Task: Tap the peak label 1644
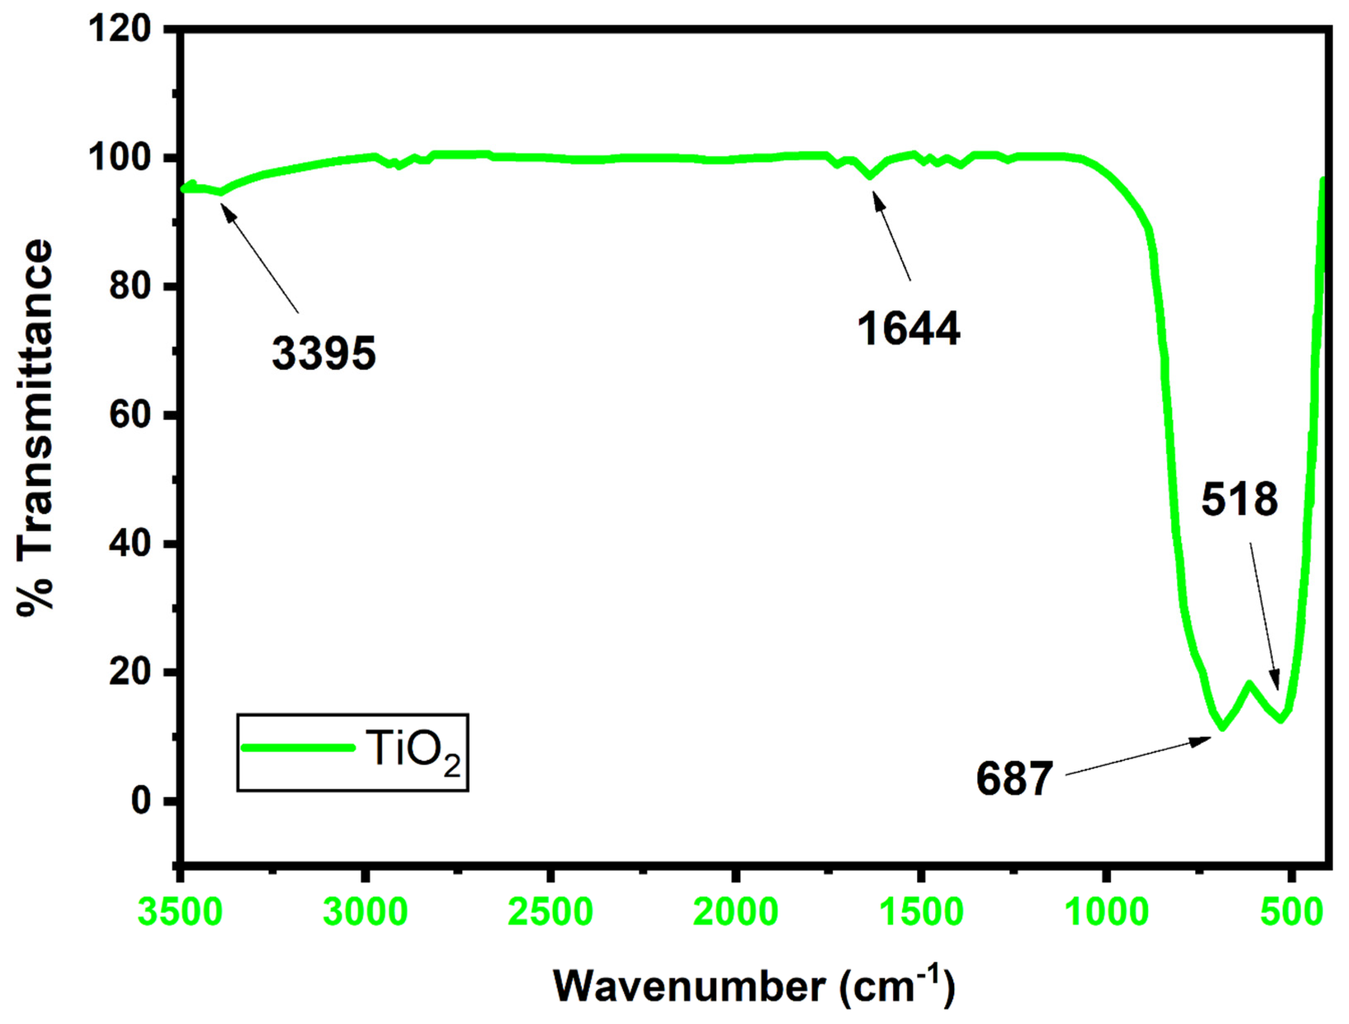tap(908, 328)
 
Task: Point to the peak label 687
tap(1014, 779)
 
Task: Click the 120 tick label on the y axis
tap(120, 28)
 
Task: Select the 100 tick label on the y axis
tap(120, 157)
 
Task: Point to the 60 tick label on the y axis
tap(130, 415)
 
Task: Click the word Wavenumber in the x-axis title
tap(689, 986)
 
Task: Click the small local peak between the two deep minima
tap(1249, 684)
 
